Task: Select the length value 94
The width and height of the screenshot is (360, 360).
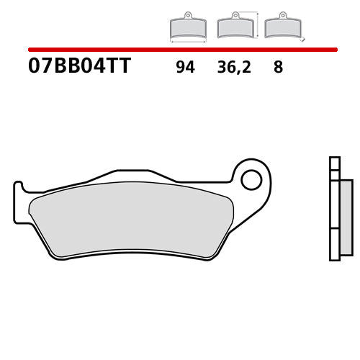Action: tap(184, 68)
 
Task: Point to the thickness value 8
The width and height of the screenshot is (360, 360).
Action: tap(278, 68)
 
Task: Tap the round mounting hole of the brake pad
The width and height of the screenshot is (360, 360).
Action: tap(251, 179)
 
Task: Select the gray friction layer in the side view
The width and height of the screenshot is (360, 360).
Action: tap(346, 216)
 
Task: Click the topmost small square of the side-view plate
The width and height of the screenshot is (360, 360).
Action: tap(333, 162)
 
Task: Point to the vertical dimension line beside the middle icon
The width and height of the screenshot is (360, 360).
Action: tap(257, 24)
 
